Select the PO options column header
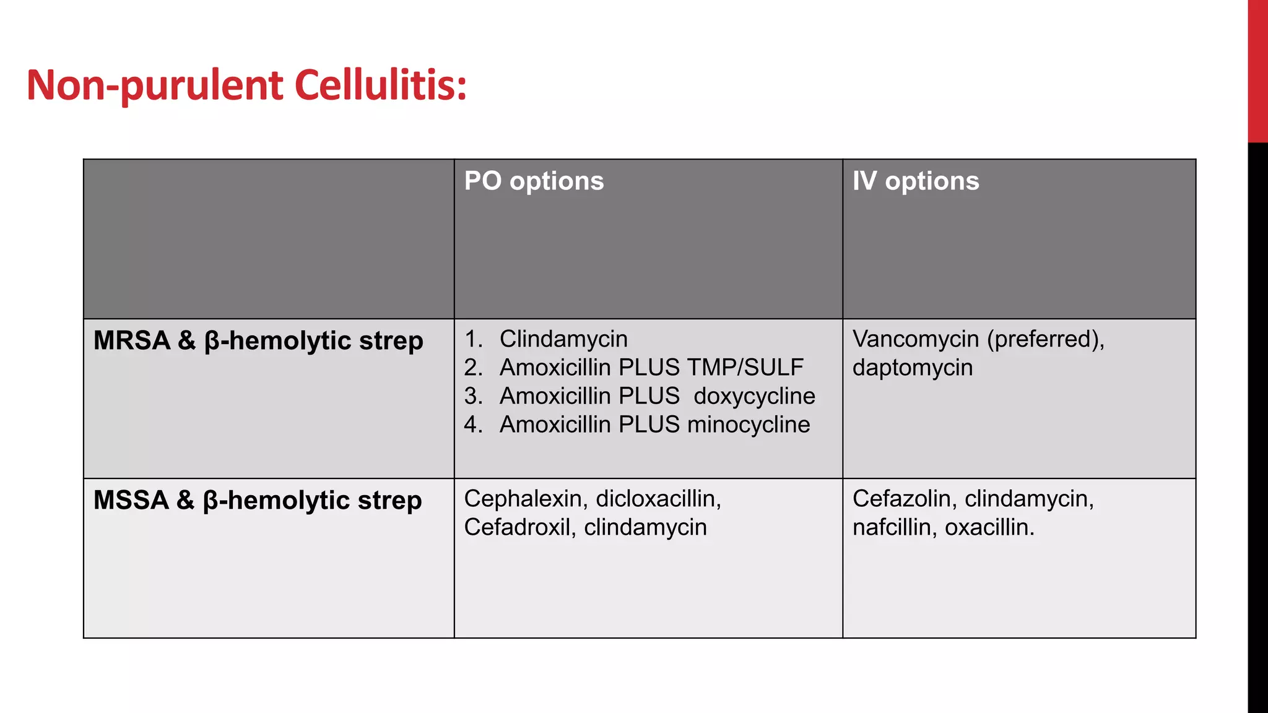coord(534,181)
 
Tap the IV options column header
coord(915,181)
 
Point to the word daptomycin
coord(912,368)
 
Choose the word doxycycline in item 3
coord(754,396)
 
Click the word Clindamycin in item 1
coord(563,339)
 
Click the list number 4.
coord(472,425)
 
